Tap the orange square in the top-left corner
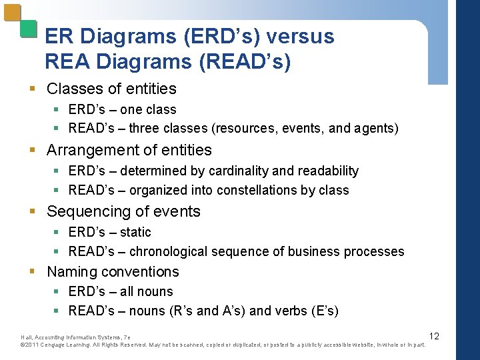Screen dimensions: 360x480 [12, 13]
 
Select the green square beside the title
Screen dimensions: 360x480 [28, 28]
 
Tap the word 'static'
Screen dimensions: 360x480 [135, 232]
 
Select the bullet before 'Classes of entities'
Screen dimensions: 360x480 [39, 89]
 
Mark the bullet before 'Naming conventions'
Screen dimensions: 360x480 [39, 271]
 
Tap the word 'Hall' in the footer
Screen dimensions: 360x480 [26, 337]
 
